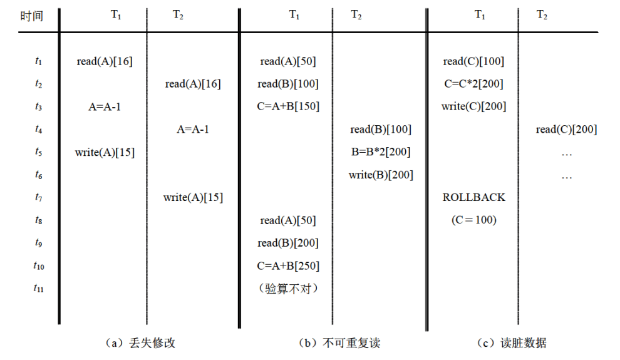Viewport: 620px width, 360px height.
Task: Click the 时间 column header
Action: pyautogui.click(x=31, y=16)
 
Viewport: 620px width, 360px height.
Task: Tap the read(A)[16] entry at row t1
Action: pyautogui.click(x=104, y=61)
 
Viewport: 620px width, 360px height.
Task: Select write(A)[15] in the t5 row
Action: pyautogui.click(x=104, y=152)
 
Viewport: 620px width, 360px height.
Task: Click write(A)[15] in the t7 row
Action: pyautogui.click(x=193, y=198)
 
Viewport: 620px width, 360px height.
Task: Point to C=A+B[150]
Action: pyautogui.click(x=288, y=106)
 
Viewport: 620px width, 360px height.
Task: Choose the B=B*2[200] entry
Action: pyautogui.click(x=381, y=152)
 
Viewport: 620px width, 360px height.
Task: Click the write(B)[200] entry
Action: pyautogui.click(x=381, y=175)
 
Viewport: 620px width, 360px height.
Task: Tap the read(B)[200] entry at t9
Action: pyautogui.click(x=288, y=243)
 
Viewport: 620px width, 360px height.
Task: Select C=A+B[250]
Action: pyautogui.click(x=288, y=266)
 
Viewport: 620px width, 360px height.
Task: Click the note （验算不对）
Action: pyautogui.click(x=288, y=289)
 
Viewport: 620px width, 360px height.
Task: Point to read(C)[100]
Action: pyautogui.click(x=473, y=61)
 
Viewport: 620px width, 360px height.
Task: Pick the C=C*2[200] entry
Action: pyautogui.click(x=473, y=84)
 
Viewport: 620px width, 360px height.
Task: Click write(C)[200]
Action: pyautogui.click(x=473, y=106)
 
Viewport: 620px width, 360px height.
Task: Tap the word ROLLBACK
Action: pyautogui.click(x=473, y=198)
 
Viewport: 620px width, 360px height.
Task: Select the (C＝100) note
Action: pyautogui.click(x=473, y=220)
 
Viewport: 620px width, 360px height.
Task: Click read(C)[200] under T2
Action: pyautogui.click(x=566, y=130)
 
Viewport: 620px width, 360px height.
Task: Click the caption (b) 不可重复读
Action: pyautogui.click(x=339, y=343)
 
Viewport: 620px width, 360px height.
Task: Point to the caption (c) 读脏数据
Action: pyautogui.click(x=511, y=343)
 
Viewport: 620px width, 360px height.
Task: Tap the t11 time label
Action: pyautogui.click(x=39, y=289)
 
